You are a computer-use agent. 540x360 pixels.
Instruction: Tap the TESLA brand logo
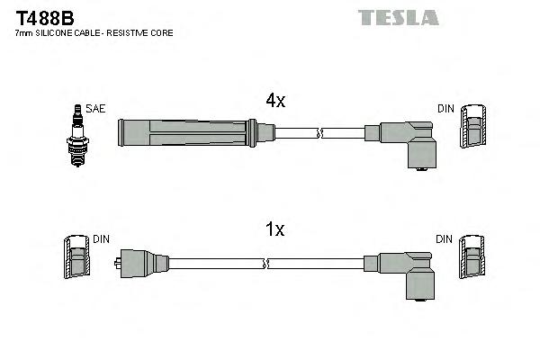[x=398, y=17]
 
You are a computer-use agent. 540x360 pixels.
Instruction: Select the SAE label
[x=96, y=109]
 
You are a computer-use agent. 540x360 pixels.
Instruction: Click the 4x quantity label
[x=274, y=102]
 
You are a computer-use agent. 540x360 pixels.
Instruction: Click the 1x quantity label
[x=274, y=229]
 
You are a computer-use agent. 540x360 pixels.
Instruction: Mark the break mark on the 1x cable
[x=267, y=264]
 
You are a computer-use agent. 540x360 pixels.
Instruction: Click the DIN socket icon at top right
[x=474, y=129]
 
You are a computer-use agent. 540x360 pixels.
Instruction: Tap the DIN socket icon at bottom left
[x=77, y=258]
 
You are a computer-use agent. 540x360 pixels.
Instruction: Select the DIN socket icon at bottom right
[x=474, y=258]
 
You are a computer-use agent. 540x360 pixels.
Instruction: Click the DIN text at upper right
[x=446, y=109]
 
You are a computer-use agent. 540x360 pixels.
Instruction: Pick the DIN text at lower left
[x=101, y=239]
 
